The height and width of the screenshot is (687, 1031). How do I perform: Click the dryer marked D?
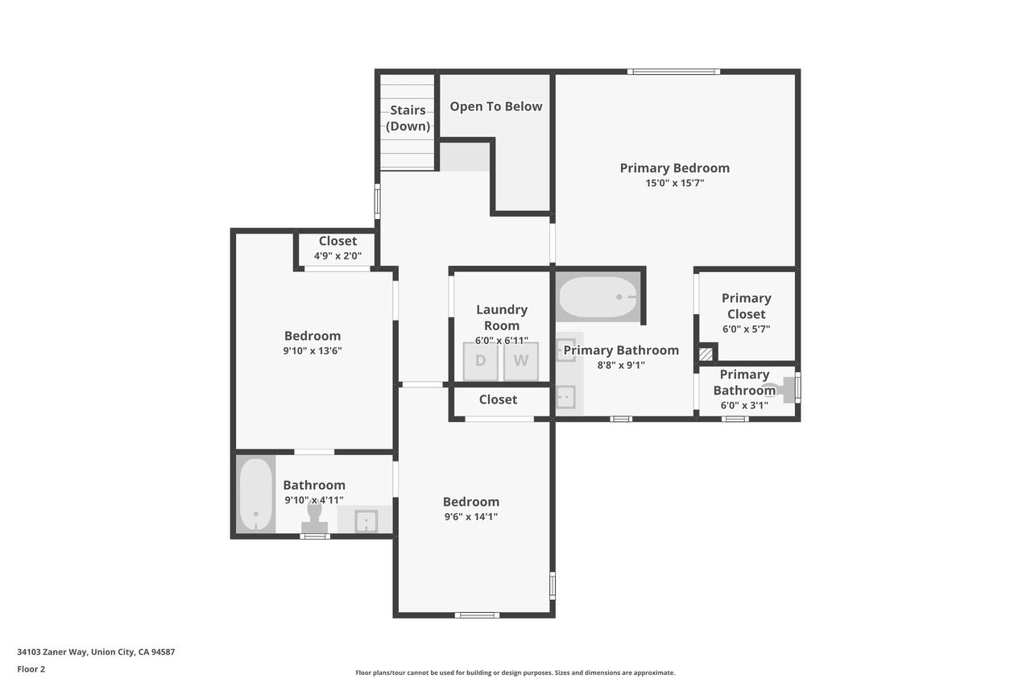click(480, 361)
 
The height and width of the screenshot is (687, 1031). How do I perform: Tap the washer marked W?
click(520, 361)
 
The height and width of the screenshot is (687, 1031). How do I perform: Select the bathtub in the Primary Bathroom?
click(598, 297)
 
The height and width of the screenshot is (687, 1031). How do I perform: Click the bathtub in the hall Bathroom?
click(256, 495)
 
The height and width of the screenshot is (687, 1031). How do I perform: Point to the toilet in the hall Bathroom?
click(314, 517)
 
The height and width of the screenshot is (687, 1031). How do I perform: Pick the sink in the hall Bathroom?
click(366, 521)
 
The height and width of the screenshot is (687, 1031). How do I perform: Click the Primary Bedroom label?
click(675, 168)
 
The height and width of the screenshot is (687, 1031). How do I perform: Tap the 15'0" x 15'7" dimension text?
click(675, 183)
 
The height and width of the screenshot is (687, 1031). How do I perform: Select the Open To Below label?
click(495, 106)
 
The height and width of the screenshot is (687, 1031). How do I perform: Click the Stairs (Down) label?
click(408, 118)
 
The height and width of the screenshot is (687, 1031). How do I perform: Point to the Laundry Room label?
click(502, 317)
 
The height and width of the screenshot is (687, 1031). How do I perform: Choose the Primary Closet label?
click(746, 306)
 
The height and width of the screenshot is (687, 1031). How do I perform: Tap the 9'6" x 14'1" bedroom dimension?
click(471, 516)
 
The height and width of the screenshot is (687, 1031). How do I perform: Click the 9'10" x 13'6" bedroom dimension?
click(312, 350)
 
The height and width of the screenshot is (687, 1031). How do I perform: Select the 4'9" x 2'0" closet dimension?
click(337, 255)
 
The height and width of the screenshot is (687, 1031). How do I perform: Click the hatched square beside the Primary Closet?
click(706, 354)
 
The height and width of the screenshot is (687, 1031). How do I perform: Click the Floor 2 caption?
click(31, 669)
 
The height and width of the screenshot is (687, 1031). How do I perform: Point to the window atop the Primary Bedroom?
click(674, 72)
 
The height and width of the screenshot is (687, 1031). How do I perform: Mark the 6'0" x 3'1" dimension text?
click(744, 405)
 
